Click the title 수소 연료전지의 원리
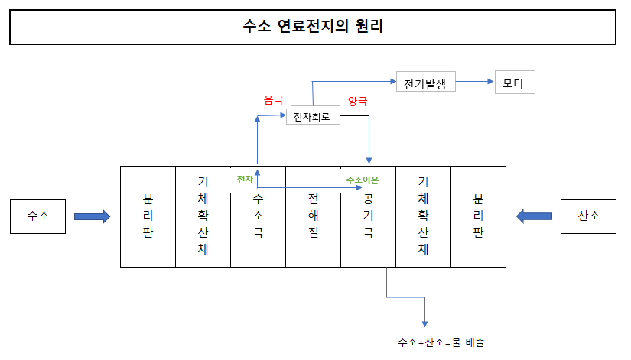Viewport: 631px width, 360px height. [312, 28]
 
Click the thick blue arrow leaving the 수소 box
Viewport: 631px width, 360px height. [92, 217]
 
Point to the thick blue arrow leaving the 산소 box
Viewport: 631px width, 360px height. [535, 217]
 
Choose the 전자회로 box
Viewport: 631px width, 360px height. [312, 118]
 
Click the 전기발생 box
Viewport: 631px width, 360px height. [425, 82]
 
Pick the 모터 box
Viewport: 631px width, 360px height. [515, 82]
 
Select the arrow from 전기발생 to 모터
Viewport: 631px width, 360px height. [474, 81]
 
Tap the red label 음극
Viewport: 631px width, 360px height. [273, 100]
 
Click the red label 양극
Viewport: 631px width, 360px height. [357, 100]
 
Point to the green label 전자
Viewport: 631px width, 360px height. [245, 179]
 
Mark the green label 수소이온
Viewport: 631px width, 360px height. [362, 180]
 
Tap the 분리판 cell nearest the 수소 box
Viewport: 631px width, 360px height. [148, 216]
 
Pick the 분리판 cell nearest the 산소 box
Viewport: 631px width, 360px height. [478, 216]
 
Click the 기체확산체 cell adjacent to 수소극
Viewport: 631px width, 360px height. [203, 216]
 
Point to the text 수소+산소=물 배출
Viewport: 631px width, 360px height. [441, 342]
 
